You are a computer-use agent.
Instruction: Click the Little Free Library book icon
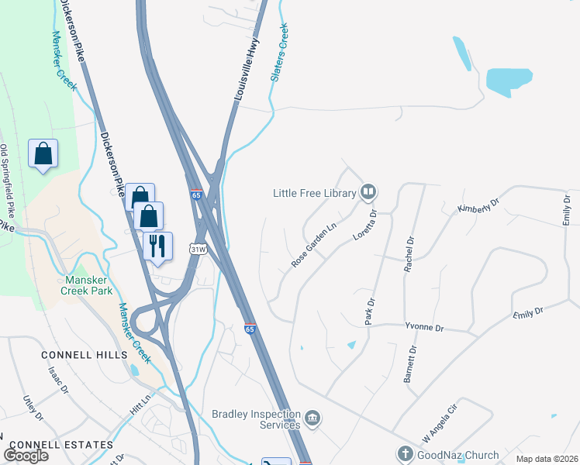point(368,192)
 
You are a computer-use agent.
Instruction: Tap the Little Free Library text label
point(314,193)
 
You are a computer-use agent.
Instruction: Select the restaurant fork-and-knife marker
point(157,246)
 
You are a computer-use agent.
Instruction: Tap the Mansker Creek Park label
point(87,285)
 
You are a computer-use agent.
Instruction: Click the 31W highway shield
point(199,249)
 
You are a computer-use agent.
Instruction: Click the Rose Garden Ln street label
point(316,246)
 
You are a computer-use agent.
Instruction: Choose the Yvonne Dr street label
point(424,327)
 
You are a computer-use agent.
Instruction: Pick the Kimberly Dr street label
point(479,207)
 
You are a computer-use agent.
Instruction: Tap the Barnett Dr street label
point(410,364)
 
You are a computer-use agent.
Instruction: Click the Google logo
point(26,456)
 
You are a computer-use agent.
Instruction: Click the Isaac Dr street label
point(60,380)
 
